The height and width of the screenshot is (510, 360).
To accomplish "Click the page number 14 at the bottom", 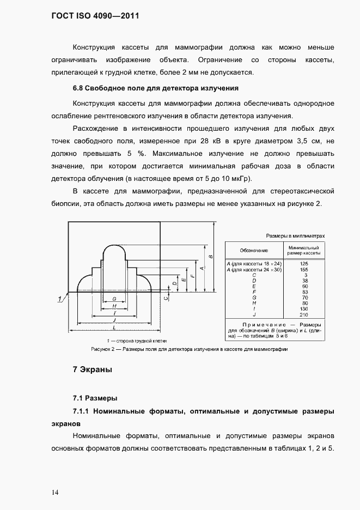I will pos(56,493).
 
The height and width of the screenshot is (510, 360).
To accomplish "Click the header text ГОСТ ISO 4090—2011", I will pos(95,16).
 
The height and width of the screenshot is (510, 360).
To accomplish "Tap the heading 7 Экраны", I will pos(92,370).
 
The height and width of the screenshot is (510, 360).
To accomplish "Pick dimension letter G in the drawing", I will pos(113,299).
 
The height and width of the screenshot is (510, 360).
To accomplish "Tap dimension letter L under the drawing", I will pos(113,328).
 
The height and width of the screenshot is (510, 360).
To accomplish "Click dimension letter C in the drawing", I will pos(166,297).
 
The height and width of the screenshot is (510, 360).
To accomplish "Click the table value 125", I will pos(304,264).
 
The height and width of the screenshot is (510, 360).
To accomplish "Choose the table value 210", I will pos(304,314).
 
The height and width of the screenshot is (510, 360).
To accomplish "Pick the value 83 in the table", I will pos(304,292).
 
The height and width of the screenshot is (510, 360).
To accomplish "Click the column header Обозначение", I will pos(253,250).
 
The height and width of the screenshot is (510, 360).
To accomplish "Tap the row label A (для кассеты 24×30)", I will pos(253,270).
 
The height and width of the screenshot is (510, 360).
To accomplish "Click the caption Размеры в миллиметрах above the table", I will pos(295,236).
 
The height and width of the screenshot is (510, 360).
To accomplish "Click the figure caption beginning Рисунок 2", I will pos(188,349).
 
